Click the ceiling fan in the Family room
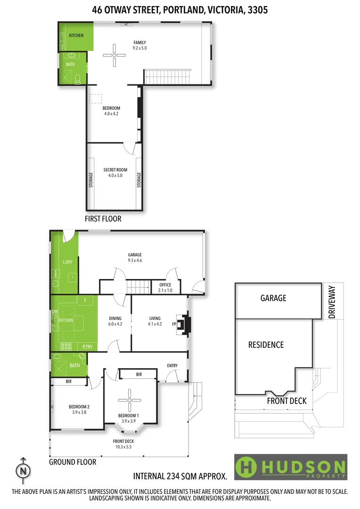(114, 55)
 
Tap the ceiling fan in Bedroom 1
(129, 400)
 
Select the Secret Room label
(113, 172)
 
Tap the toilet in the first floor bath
(78, 78)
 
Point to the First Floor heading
(103, 219)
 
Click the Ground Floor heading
(73, 462)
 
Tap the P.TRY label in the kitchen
(87, 346)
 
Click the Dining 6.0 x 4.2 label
(115, 321)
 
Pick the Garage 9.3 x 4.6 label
(135, 258)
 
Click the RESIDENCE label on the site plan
(266, 345)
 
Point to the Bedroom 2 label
(79, 409)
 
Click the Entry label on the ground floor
(172, 366)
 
